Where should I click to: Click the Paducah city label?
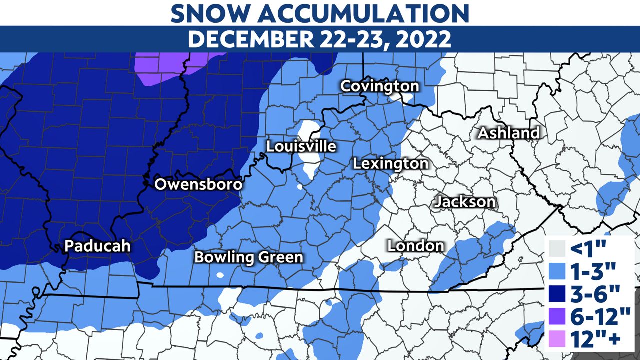click(97, 246)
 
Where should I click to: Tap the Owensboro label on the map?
click(198, 184)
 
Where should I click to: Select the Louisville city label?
click(301, 146)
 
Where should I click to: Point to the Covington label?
click(379, 86)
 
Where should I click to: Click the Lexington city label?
click(390, 163)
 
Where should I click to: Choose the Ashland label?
click(509, 133)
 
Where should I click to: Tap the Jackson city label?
click(465, 202)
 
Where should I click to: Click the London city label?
click(416, 245)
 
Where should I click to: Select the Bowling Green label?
click(248, 257)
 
